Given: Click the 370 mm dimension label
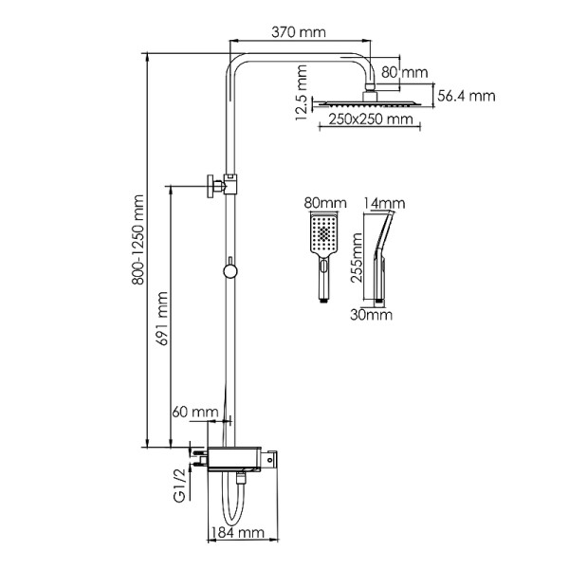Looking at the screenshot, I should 298,33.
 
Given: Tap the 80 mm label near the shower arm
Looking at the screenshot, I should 406,72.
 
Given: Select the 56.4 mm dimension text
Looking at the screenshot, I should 468,95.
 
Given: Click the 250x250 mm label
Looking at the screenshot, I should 372,119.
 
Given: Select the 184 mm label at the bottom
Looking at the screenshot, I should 237,533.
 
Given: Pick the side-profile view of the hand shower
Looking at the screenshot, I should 382,254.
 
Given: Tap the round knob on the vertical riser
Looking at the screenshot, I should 228,272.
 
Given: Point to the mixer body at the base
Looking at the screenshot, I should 242,459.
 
